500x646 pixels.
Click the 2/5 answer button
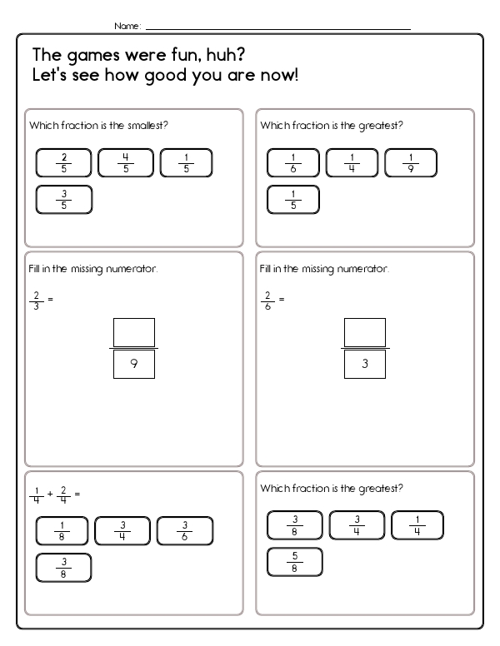pyautogui.click(x=63, y=162)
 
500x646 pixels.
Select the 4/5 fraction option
pyautogui.click(x=125, y=162)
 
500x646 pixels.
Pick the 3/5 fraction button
pyautogui.click(x=63, y=200)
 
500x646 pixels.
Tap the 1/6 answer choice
pyautogui.click(x=293, y=162)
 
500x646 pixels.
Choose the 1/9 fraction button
pyautogui.click(x=412, y=162)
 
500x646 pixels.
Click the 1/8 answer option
pyautogui.click(x=63, y=530)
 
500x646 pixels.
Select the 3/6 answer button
pyautogui.click(x=185, y=530)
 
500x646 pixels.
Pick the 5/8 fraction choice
pyautogui.click(x=294, y=563)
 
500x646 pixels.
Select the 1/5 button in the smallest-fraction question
pyautogui.click(x=186, y=162)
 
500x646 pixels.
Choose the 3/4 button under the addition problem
pyautogui.click(x=123, y=530)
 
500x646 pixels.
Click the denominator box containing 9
pyautogui.click(x=134, y=365)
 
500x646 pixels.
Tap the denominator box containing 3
pyautogui.click(x=365, y=365)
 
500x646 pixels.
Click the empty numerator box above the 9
pyautogui.click(x=134, y=331)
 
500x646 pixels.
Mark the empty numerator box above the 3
pyautogui.click(x=365, y=331)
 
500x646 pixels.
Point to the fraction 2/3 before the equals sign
pyautogui.click(x=35, y=299)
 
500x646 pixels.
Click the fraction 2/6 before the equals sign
pyautogui.click(x=267, y=299)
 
